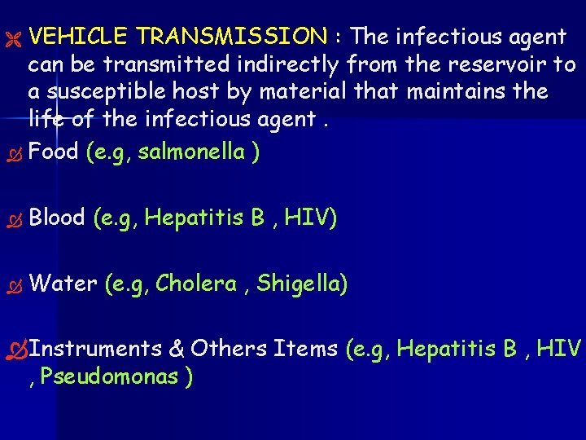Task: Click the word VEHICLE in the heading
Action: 77,37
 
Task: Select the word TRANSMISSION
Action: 232,37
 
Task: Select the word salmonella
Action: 192,152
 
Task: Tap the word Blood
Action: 57,218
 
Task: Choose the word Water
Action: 63,284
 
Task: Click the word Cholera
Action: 195,284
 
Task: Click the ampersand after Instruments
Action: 177,349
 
